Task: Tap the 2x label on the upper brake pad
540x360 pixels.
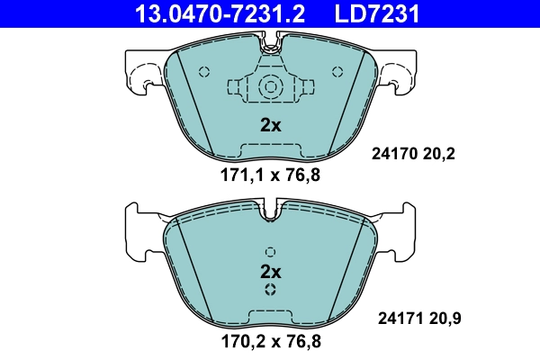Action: (x=270, y=125)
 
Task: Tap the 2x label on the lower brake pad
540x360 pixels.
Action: (x=270, y=270)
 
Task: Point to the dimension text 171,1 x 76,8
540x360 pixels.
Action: (x=270, y=175)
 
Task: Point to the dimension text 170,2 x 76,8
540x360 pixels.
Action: (x=270, y=341)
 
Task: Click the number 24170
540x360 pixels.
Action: (x=394, y=154)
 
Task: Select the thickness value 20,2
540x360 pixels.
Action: (x=444, y=154)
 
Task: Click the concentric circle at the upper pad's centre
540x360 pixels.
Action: (x=270, y=87)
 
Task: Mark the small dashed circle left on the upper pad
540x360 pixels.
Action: (x=203, y=72)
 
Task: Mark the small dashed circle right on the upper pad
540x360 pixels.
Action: (x=337, y=72)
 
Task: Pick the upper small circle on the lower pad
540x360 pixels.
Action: (x=270, y=251)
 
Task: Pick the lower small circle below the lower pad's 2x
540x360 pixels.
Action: (x=270, y=290)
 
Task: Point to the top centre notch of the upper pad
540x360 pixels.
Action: (x=270, y=40)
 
